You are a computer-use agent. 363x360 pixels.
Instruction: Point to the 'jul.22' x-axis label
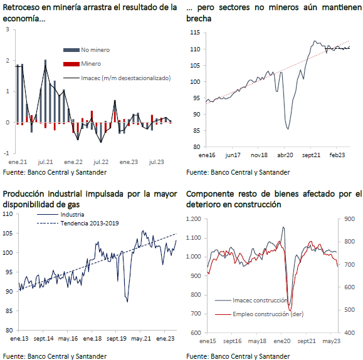[x=101, y=162]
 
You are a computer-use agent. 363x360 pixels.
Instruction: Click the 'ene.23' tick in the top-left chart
[x=129, y=162]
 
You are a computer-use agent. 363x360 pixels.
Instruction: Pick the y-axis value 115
[x=195, y=33]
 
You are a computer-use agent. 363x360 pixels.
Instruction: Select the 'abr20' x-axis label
[x=285, y=155]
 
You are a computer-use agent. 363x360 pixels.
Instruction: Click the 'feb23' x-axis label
[x=337, y=155]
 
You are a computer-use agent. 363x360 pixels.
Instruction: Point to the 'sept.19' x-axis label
[x=117, y=339]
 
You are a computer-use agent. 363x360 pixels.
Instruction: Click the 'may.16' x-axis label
[x=68, y=339]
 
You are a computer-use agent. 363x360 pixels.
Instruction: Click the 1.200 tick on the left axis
[x=194, y=219]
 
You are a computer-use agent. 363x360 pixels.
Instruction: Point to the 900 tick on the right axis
[x=350, y=219]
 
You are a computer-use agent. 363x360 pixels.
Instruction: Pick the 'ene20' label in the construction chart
[x=281, y=341]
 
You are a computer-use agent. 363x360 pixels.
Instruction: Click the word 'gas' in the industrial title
[x=73, y=205]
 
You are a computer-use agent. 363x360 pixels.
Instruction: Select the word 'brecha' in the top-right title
[x=199, y=19]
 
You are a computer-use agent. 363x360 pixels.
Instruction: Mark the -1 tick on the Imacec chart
[x=6, y=153]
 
